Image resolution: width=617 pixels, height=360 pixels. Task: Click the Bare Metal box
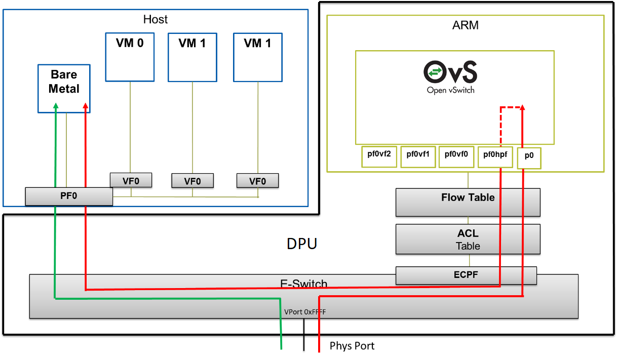pyautogui.click(x=64, y=88)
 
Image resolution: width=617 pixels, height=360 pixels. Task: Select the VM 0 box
pyautogui.click(x=130, y=57)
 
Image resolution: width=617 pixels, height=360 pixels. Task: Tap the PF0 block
pyautogui.click(x=69, y=196)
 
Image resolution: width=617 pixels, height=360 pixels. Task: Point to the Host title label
pyautogui.click(x=156, y=20)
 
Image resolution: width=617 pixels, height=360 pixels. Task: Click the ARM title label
pyautogui.click(x=465, y=25)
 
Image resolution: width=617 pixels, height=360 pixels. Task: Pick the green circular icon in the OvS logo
pyautogui.click(x=434, y=72)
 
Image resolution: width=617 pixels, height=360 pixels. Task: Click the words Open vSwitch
pyautogui.click(x=450, y=91)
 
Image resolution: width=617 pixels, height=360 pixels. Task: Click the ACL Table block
pyautogui.click(x=468, y=239)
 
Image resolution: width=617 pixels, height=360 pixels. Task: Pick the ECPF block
pyautogui.click(x=466, y=275)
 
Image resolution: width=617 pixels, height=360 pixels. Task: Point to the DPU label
pyautogui.click(x=302, y=244)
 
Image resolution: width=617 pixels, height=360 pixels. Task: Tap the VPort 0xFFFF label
pyautogui.click(x=305, y=312)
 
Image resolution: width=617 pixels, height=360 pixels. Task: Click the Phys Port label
pyautogui.click(x=352, y=346)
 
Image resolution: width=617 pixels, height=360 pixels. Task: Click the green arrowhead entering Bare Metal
pyautogui.click(x=55, y=105)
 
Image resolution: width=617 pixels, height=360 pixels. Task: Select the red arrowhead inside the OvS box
pyautogui.click(x=522, y=108)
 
